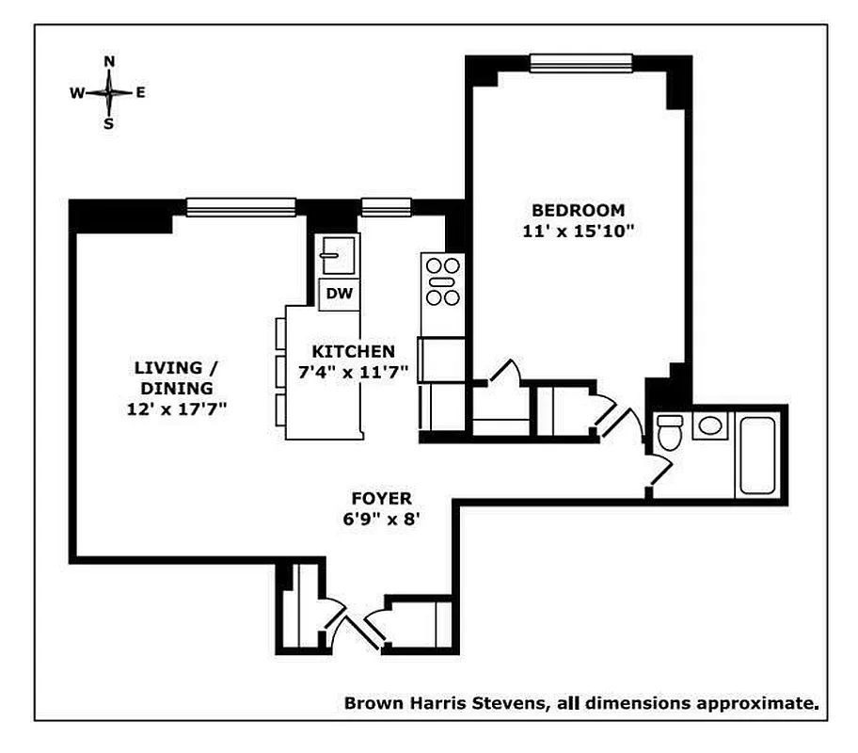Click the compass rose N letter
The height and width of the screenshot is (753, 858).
point(109,62)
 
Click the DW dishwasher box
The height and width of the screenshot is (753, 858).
point(339,295)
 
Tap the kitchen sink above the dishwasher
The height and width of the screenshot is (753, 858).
point(336,252)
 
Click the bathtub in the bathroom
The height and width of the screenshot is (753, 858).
point(757,455)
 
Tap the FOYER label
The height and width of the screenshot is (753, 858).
point(381,498)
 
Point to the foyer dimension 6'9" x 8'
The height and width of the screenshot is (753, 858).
point(381,517)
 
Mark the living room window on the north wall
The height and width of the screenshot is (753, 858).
point(241,206)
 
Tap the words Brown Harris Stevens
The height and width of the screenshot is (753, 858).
point(442,702)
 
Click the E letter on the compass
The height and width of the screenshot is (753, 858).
point(140,92)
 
